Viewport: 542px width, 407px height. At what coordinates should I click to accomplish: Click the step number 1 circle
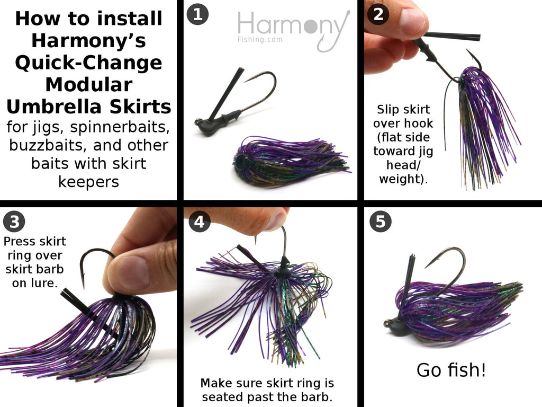click(x=197, y=14)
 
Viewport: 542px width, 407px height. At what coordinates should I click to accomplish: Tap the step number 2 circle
click(x=378, y=14)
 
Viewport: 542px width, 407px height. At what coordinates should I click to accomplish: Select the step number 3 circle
click(x=14, y=222)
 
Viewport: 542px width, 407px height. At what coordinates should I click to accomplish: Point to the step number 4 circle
click(x=200, y=222)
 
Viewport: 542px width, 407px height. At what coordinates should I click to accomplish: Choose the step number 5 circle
click(x=381, y=222)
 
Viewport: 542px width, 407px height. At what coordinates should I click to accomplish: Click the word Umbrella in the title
click(x=55, y=107)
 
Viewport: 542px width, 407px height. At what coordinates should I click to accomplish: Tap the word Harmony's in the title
click(x=89, y=40)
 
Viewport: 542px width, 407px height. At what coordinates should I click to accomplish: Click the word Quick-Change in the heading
click(x=89, y=63)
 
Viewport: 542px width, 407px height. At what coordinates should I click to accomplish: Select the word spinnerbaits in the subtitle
click(x=120, y=127)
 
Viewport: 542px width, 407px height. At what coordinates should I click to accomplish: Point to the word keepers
click(x=89, y=182)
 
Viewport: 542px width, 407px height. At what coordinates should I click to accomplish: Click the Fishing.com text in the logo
click(x=260, y=39)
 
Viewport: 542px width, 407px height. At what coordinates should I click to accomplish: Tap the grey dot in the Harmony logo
click(x=310, y=26)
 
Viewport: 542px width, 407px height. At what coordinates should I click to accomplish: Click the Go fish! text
click(x=451, y=370)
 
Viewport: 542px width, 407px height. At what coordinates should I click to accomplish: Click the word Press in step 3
click(x=19, y=241)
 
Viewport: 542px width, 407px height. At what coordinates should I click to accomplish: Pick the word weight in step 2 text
click(x=399, y=179)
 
